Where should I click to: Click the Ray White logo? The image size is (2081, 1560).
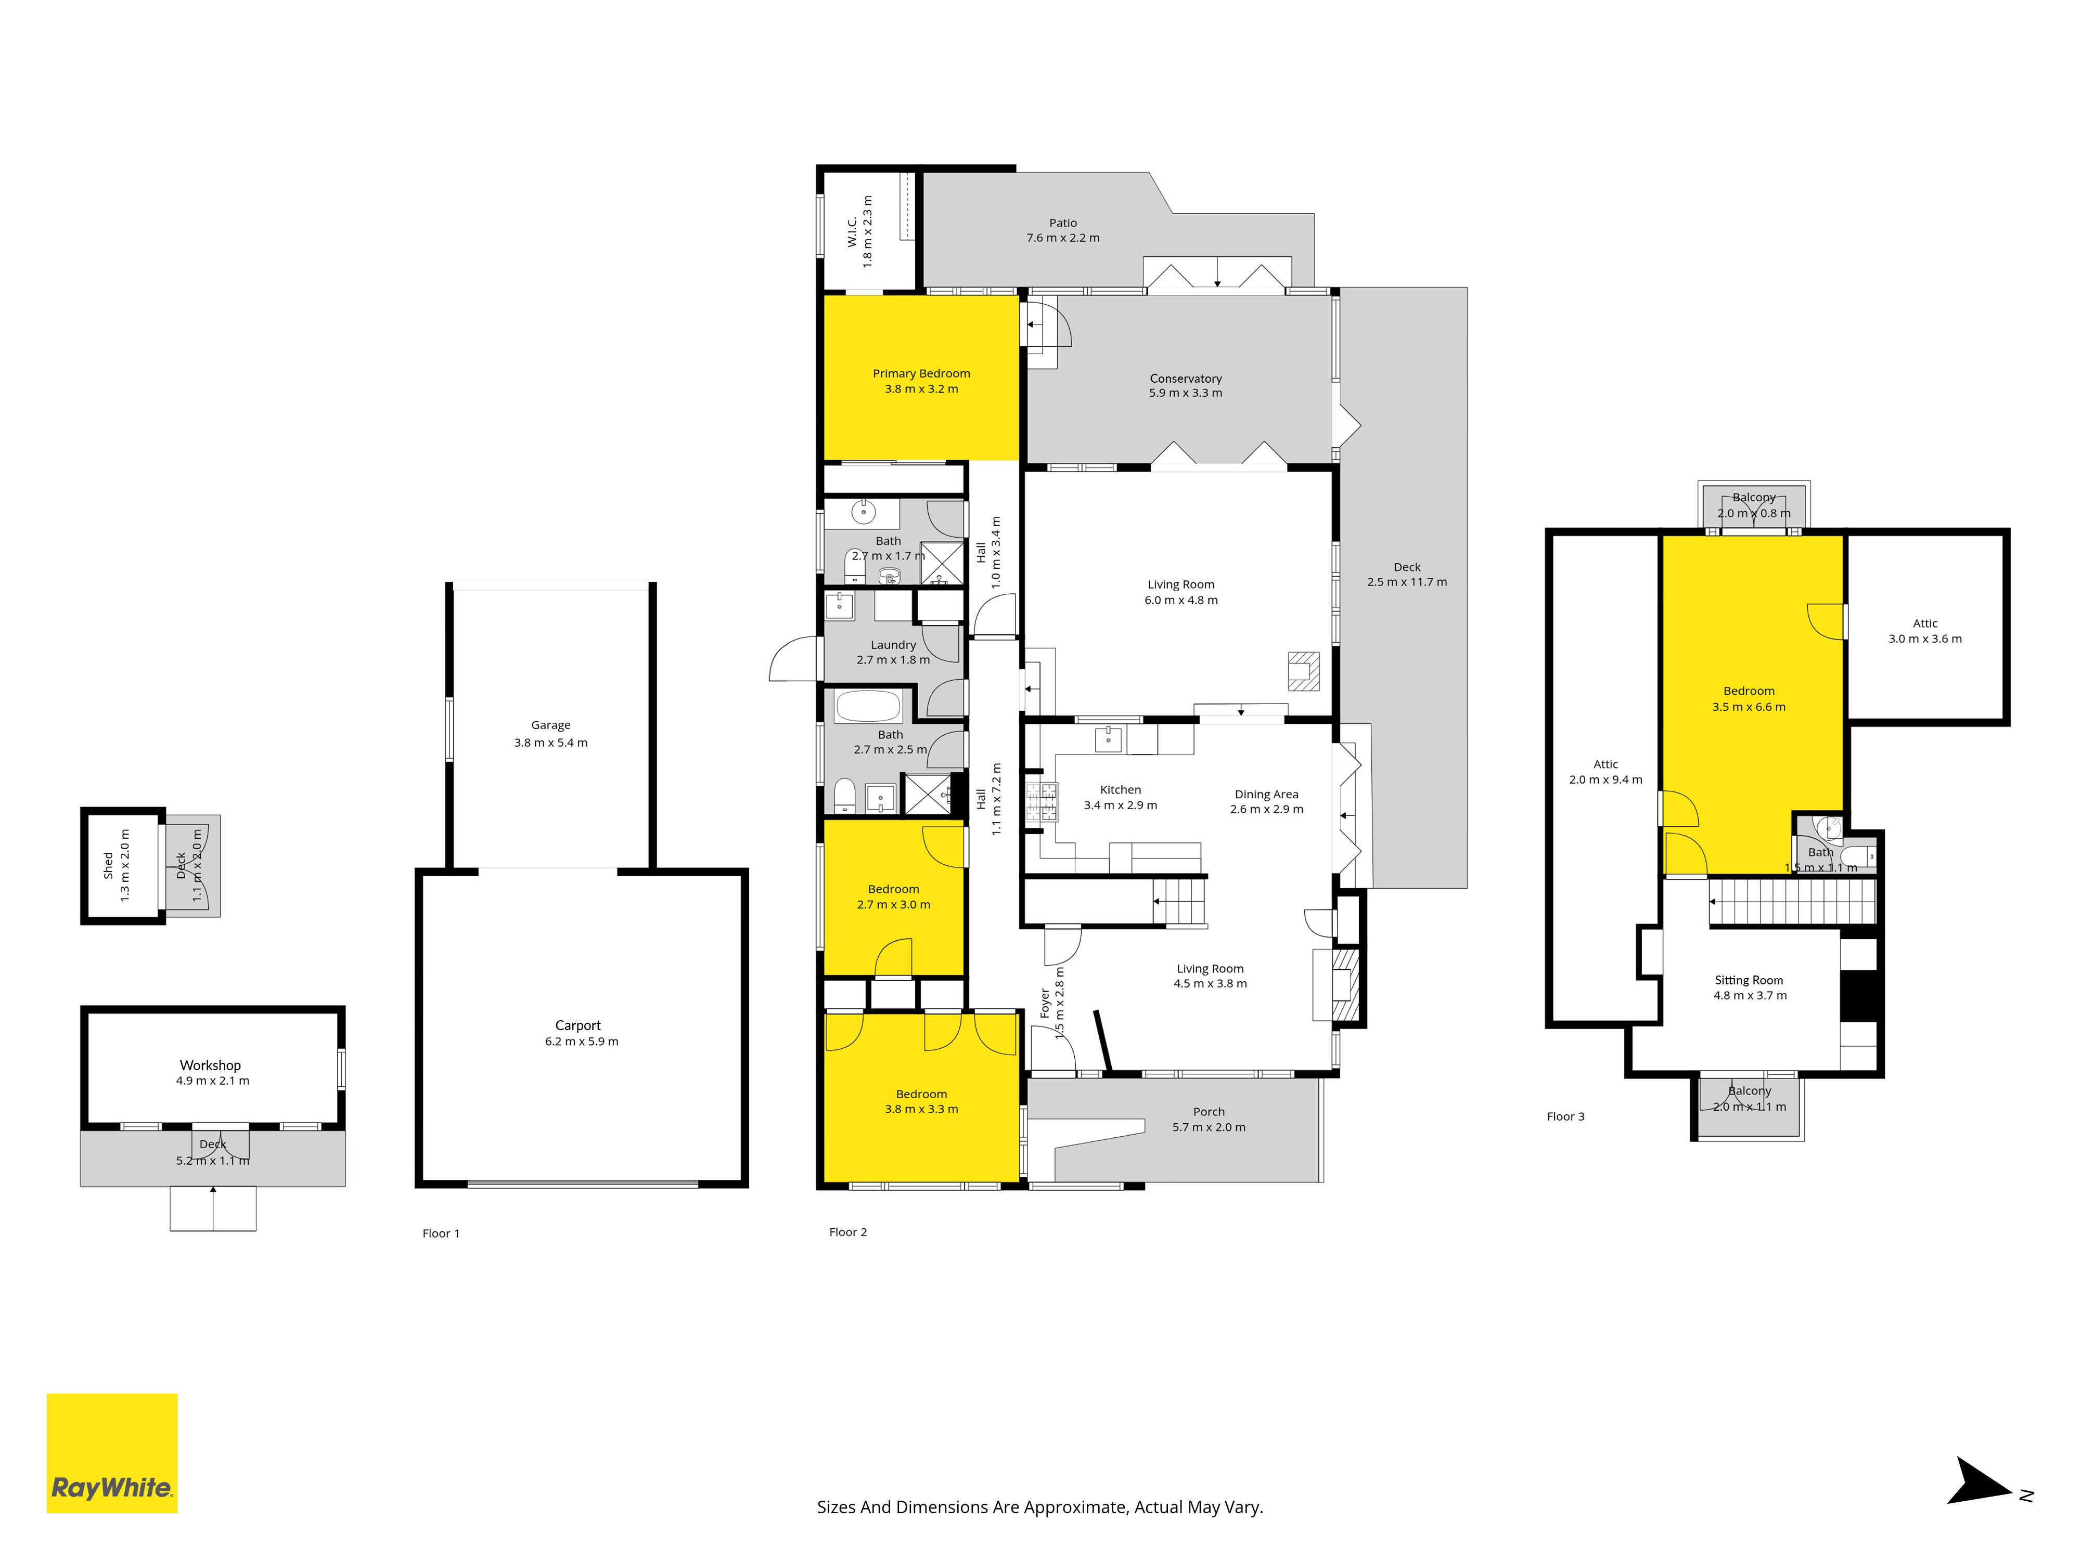pos(112,1453)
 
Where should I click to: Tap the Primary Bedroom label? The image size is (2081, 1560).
pos(921,373)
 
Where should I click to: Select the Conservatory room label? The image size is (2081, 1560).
pos(1185,378)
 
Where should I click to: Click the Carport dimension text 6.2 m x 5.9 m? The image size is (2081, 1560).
pos(582,1041)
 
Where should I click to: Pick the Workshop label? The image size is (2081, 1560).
pos(211,1064)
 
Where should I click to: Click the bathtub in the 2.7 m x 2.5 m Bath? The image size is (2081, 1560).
pos(868,706)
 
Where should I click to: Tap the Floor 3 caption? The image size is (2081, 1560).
pos(1565,1116)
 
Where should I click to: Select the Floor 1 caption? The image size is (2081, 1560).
pos(441,1233)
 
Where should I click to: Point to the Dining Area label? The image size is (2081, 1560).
pos(1266,794)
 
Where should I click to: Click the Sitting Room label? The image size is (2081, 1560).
pos(1749,980)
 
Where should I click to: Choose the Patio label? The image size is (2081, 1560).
pos(1063,223)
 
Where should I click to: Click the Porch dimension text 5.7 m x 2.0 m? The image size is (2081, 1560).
pos(1209,1126)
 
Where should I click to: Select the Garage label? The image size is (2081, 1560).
pos(550,725)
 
